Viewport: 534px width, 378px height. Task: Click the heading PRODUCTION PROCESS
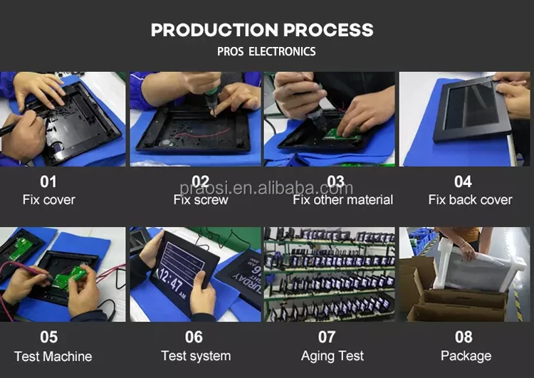262,30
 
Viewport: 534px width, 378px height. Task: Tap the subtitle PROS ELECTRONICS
266,51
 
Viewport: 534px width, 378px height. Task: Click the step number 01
48,182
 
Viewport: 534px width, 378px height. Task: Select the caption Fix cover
48,199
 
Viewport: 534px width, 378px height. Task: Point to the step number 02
200,182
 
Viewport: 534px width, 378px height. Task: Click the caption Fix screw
201,199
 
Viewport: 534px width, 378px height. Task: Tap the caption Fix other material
342,199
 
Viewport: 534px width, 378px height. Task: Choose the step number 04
463,182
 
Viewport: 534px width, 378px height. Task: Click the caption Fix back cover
470,199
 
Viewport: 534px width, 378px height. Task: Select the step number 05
48,337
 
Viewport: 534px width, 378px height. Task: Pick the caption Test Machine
53,356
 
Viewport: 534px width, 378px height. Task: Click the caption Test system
196,356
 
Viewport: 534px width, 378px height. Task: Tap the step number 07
327,337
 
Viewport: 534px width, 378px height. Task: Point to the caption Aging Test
333,356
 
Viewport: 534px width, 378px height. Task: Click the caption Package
466,356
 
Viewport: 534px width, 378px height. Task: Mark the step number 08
464,337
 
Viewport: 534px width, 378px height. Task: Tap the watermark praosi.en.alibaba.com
266,188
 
